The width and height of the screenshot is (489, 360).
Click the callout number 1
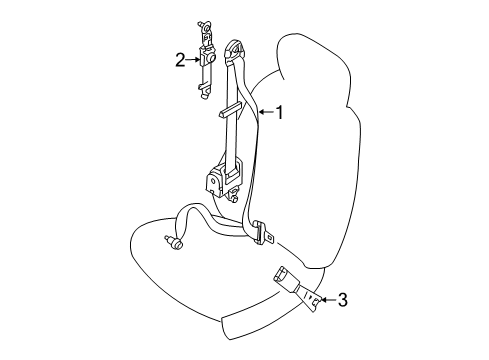coord(280,113)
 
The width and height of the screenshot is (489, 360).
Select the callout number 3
coord(342,297)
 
